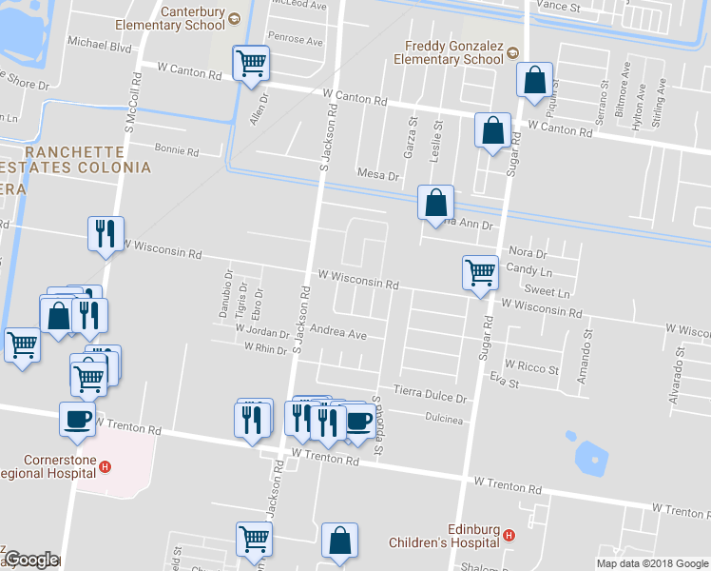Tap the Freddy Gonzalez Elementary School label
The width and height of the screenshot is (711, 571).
453,52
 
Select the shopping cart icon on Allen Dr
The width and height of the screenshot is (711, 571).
252,65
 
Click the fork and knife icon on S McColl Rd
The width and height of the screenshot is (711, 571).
105,233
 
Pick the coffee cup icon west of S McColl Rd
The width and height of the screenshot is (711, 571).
77,418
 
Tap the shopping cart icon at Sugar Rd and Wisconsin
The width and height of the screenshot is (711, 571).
480,272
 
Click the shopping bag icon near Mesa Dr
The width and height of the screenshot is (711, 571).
434,202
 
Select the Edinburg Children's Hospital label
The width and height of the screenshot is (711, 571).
445,536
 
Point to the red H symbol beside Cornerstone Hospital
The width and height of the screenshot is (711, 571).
106,467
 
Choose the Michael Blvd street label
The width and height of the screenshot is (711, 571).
99,44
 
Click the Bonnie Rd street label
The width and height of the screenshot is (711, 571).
176,151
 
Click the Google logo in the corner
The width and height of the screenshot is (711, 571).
30,560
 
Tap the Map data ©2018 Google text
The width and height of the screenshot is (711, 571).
652,563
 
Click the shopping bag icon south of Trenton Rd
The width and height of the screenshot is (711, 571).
339,541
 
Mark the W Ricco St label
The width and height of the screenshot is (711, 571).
531,365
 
